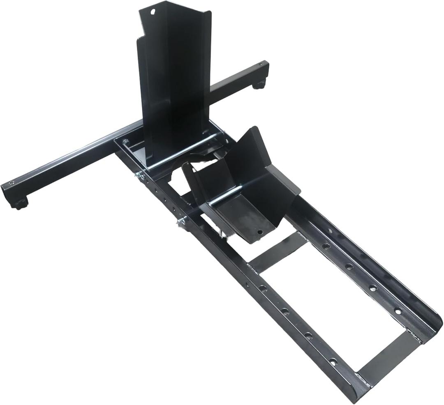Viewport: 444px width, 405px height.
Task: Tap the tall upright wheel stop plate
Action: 175,82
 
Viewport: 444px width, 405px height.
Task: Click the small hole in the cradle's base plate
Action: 259,232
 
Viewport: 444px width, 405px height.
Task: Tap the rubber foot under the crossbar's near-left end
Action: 20,204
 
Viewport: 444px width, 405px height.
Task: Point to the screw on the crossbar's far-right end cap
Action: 261,65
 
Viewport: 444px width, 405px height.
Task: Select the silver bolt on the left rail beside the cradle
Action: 181,222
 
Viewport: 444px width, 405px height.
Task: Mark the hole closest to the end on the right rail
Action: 398,311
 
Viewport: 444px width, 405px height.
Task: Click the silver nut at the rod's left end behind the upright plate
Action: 125,142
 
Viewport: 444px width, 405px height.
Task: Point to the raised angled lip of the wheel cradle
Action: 251,144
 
